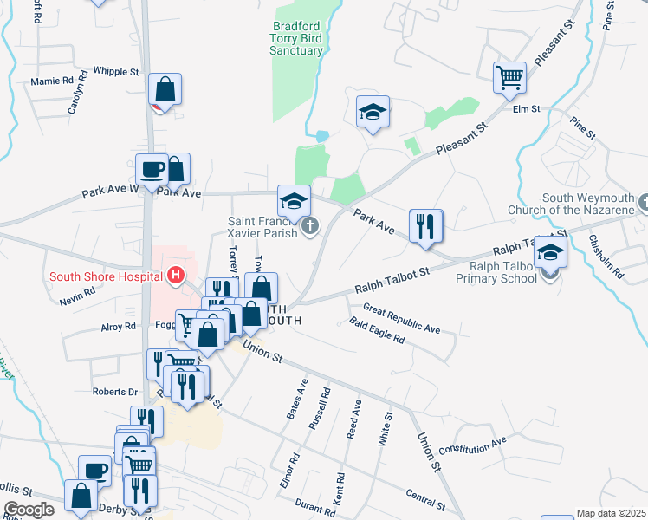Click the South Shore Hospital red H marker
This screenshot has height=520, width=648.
click(x=176, y=276)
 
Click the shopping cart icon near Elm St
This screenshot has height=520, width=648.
click(x=509, y=76)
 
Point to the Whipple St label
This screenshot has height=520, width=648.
click(x=115, y=72)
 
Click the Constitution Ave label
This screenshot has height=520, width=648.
click(x=472, y=446)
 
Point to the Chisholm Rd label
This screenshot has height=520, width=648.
click(x=606, y=257)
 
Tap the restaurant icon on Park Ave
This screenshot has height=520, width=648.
click(x=424, y=225)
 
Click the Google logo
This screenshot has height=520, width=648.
click(x=29, y=510)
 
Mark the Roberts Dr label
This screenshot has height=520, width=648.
click(x=115, y=392)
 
